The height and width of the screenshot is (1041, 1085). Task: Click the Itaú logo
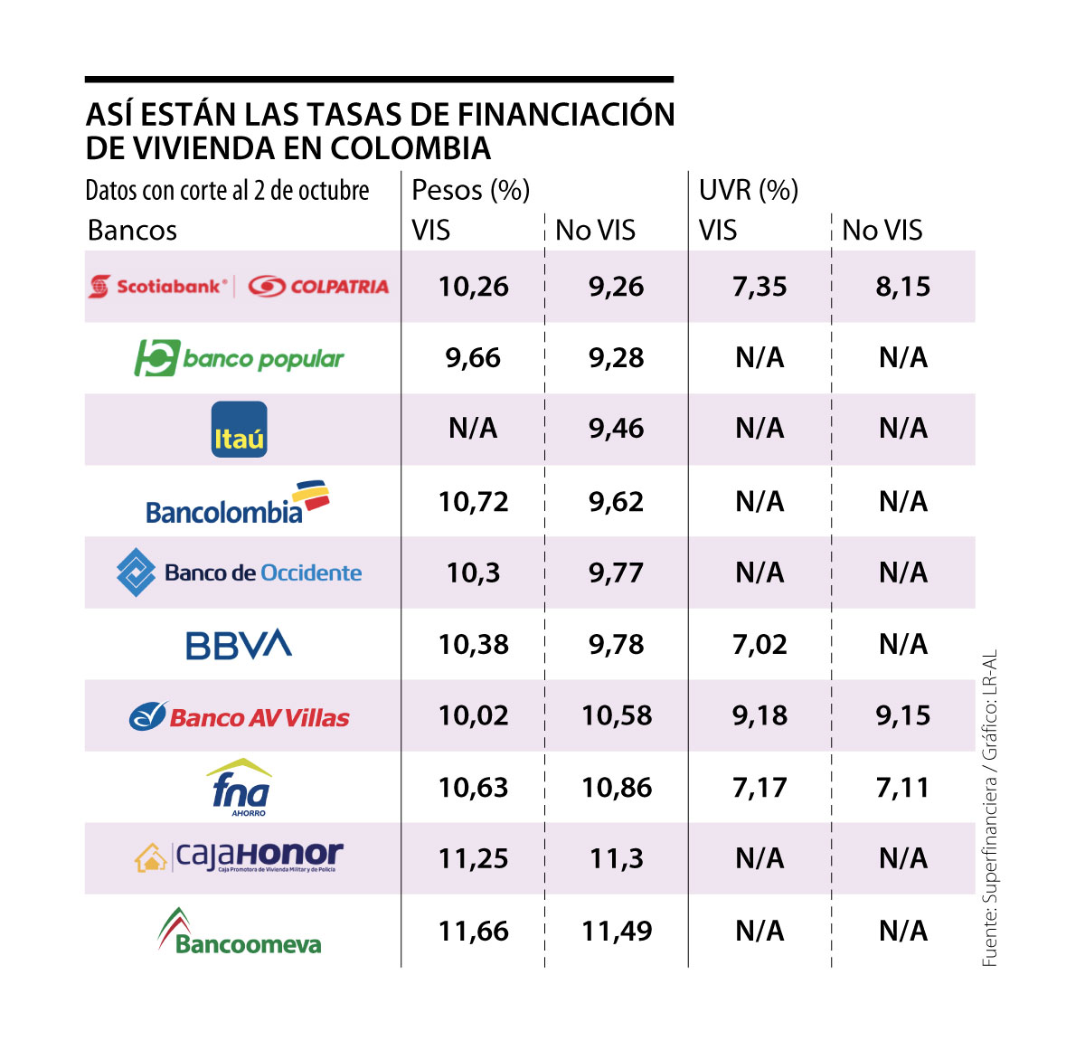pyautogui.click(x=239, y=430)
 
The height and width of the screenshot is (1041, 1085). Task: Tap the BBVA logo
pyautogui.click(x=239, y=644)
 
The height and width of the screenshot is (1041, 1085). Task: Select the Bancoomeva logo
pyautogui.click(x=240, y=932)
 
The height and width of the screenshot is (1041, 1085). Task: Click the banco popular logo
pyautogui.click(x=240, y=358)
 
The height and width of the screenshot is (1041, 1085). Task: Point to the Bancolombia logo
pyautogui.click(x=238, y=504)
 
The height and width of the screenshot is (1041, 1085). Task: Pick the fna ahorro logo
pyautogui.click(x=240, y=788)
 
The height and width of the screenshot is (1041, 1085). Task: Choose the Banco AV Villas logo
pyautogui.click(x=240, y=716)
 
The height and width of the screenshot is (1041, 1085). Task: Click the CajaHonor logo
pyautogui.click(x=240, y=856)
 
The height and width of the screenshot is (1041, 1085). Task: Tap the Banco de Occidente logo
pyautogui.click(x=240, y=573)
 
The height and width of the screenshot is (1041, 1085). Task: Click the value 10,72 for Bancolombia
pyautogui.click(x=473, y=502)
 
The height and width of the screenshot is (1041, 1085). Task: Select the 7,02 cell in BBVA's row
pyautogui.click(x=759, y=645)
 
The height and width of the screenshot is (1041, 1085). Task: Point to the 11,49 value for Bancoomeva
pyautogui.click(x=617, y=932)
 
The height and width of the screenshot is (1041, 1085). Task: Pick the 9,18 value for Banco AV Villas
pyautogui.click(x=759, y=716)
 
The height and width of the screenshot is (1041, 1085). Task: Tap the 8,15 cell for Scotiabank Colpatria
pyautogui.click(x=902, y=288)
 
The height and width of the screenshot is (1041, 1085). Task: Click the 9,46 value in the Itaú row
pyautogui.click(x=617, y=429)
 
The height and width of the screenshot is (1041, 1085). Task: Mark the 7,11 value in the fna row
pyautogui.click(x=902, y=788)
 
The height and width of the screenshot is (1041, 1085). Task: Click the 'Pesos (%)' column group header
pyautogui.click(x=470, y=190)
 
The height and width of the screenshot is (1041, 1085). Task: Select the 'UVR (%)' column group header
pyautogui.click(x=748, y=190)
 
